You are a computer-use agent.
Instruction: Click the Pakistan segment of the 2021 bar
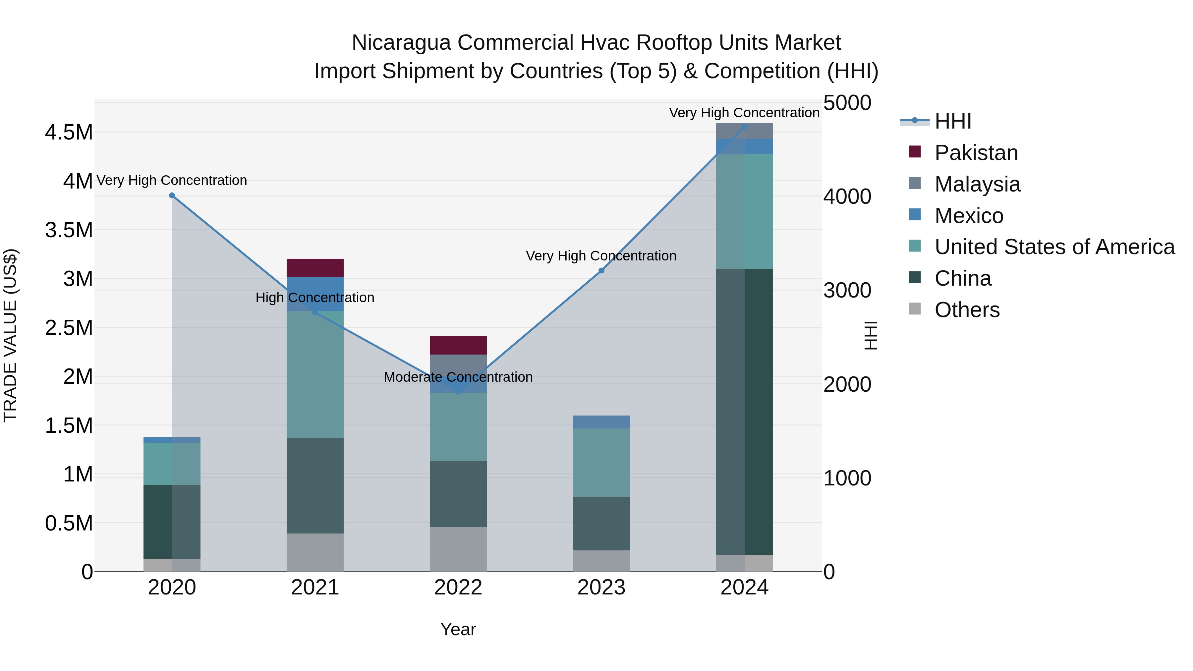315,268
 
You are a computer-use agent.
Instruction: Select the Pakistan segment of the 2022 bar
458,345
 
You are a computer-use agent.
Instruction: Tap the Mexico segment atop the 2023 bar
601,422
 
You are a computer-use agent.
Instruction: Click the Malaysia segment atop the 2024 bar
744,131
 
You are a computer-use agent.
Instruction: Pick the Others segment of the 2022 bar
458,549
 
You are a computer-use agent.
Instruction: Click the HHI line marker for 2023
601,270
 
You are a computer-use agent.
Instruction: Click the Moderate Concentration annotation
458,377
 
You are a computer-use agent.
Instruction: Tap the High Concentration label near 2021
315,297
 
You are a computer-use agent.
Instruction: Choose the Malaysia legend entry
977,184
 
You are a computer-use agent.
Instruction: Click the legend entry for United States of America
1054,247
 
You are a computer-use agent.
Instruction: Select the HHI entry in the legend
953,121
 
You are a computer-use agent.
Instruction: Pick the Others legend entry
967,310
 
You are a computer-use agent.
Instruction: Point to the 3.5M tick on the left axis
69,230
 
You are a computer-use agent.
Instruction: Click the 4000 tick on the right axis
847,196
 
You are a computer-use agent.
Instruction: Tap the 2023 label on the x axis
601,587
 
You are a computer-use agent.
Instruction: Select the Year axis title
458,629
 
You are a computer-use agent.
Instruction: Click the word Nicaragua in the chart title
401,43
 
